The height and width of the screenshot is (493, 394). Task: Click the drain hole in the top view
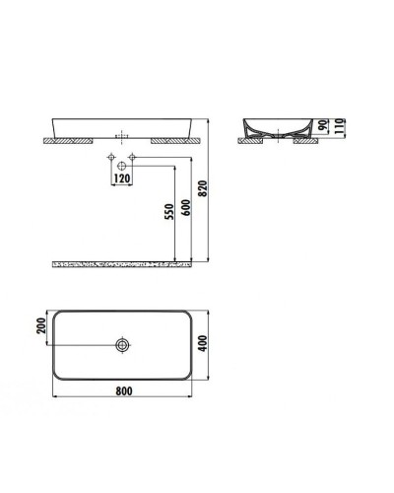(121, 344)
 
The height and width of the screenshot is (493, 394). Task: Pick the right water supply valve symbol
(131, 158)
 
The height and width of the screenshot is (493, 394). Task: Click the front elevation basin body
(122, 126)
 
